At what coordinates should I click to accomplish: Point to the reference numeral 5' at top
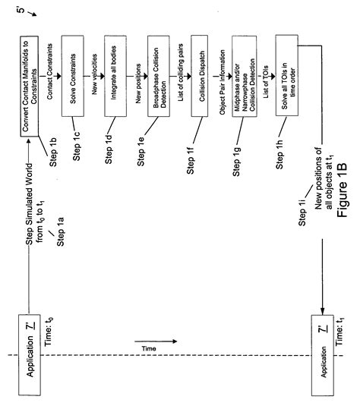(346, 14)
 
